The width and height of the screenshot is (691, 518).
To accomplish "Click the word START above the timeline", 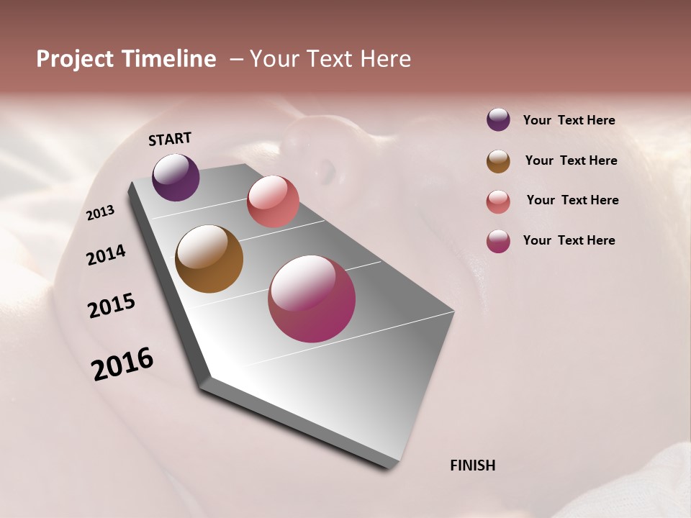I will pyautogui.click(x=170, y=139).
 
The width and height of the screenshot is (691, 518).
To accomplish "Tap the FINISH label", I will pyautogui.click(x=473, y=465).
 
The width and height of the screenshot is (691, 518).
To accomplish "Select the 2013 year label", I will pyautogui.click(x=101, y=213).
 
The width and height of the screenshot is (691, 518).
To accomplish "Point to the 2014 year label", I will pyautogui.click(x=107, y=255).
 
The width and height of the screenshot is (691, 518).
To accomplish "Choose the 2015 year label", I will pyautogui.click(x=112, y=306).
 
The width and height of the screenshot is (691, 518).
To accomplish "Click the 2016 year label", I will pyautogui.click(x=122, y=363).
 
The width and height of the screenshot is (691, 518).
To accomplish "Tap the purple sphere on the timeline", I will pyautogui.click(x=176, y=177).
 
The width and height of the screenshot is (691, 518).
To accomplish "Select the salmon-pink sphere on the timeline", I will pyautogui.click(x=273, y=201).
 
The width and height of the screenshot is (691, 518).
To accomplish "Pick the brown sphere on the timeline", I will pyautogui.click(x=209, y=259).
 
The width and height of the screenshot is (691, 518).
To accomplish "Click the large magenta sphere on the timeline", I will pyautogui.click(x=312, y=299).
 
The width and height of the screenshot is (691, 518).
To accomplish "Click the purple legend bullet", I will pyautogui.click(x=498, y=119).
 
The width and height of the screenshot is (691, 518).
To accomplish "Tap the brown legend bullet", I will pyautogui.click(x=498, y=161).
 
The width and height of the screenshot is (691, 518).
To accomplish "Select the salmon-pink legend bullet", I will pyautogui.click(x=498, y=201).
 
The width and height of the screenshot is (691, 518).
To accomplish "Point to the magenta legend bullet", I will pyautogui.click(x=498, y=241).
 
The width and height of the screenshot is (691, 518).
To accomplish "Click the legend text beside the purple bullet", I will pyautogui.click(x=569, y=120).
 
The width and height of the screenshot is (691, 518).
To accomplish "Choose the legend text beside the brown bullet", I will pyautogui.click(x=571, y=160).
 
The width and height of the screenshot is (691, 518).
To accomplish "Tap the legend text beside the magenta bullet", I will pyautogui.click(x=569, y=240).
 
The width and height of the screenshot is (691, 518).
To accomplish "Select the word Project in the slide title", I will pyautogui.click(x=73, y=59).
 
